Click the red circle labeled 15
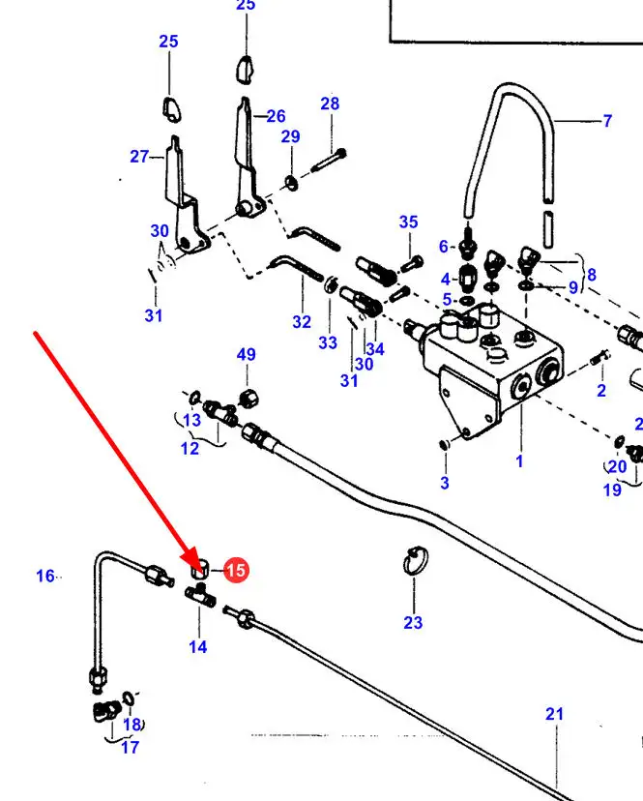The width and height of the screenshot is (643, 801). (x=236, y=571)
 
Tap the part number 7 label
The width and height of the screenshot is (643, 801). (x=607, y=121)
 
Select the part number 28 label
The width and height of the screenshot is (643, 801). (x=330, y=104)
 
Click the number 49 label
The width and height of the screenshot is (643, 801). (x=247, y=355)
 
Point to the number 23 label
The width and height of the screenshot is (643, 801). (x=413, y=622)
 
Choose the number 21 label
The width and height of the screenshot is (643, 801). (x=553, y=714)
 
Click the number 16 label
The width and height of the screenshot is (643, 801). (x=45, y=576)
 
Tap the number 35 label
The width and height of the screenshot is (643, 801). (x=408, y=222)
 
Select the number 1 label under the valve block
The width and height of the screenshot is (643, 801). (x=519, y=461)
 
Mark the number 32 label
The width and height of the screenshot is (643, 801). (x=302, y=322)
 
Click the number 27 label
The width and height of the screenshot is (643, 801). (x=139, y=156)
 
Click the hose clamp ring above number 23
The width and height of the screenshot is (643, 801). (x=414, y=562)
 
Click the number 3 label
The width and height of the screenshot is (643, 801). (x=445, y=482)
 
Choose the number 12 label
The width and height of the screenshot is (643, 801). (x=190, y=448)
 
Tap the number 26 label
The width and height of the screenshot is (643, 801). (x=276, y=117)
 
